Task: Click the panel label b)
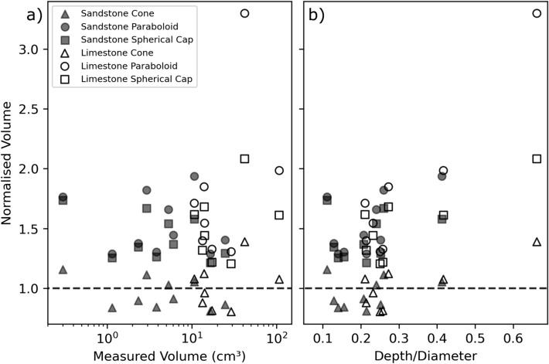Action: point(315,14)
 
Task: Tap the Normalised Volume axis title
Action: point(9,168)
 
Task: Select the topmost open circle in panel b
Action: point(537,13)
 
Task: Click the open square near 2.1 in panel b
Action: point(537,158)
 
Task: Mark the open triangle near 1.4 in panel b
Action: point(537,242)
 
